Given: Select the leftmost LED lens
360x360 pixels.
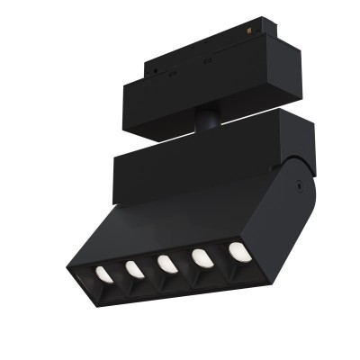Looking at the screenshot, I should click(103, 273).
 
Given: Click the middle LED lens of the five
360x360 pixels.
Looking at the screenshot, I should click(166, 264).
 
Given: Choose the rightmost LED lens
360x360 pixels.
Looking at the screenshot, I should click(237, 251).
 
